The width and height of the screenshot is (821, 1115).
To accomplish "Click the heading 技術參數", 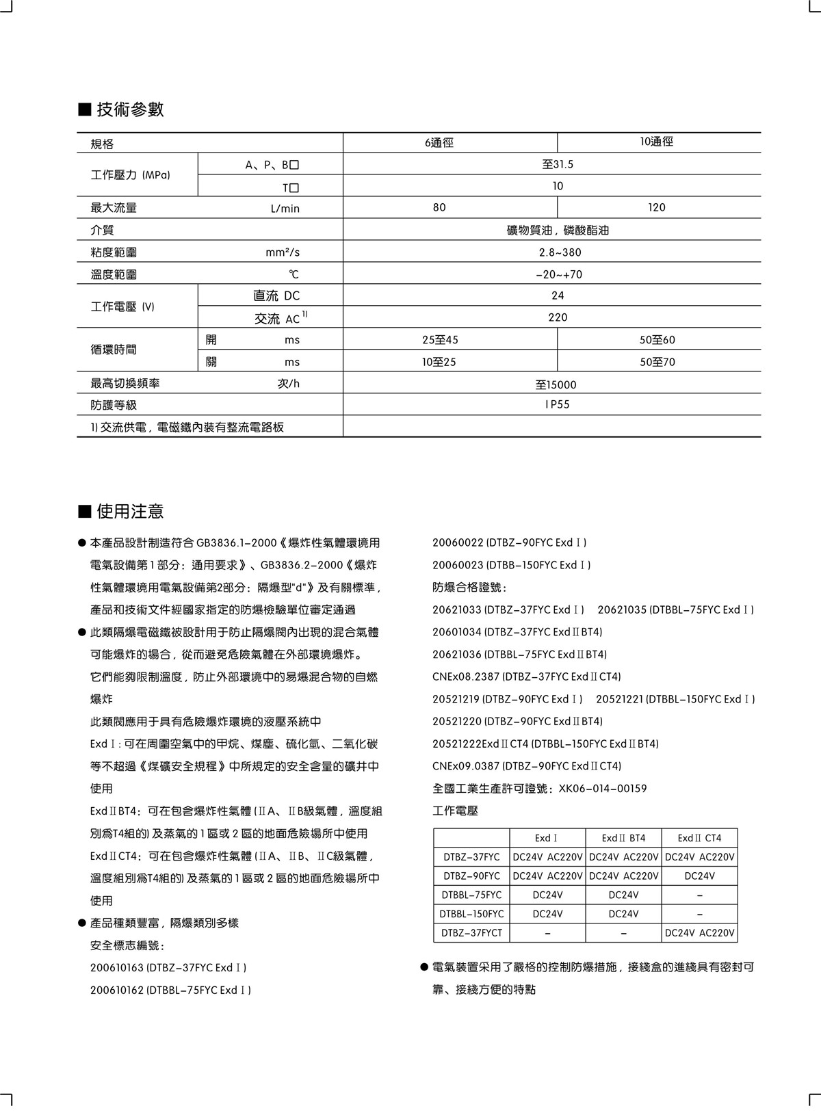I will tap(130, 109).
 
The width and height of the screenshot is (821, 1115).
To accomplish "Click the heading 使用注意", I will tap(130, 511).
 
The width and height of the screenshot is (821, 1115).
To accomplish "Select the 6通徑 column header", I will tap(439, 142).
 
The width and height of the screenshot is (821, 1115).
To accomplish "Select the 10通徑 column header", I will tap(656, 142).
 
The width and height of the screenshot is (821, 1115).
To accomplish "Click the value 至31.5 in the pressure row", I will tap(558, 164).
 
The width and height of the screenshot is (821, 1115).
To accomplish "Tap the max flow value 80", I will tap(439, 207).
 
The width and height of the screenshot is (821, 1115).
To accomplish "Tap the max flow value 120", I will tap(656, 207).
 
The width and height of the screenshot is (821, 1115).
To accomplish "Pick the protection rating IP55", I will tap(558, 404).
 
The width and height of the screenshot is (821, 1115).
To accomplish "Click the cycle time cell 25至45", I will tap(440, 340).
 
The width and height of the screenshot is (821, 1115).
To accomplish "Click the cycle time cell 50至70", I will tap(657, 362).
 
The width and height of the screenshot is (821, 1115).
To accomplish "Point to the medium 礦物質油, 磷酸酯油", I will tap(558, 231).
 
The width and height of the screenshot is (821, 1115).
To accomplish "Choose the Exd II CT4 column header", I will tap(699, 838).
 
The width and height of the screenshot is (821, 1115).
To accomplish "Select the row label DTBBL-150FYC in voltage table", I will tap(471, 914).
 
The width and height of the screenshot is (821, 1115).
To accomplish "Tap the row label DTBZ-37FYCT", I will tap(471, 932).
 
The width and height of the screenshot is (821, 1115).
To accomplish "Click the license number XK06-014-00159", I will tap(603, 788).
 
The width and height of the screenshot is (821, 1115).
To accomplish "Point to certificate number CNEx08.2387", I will tap(465, 677).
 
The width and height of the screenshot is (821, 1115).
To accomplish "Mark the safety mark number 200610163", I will tap(117, 968).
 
